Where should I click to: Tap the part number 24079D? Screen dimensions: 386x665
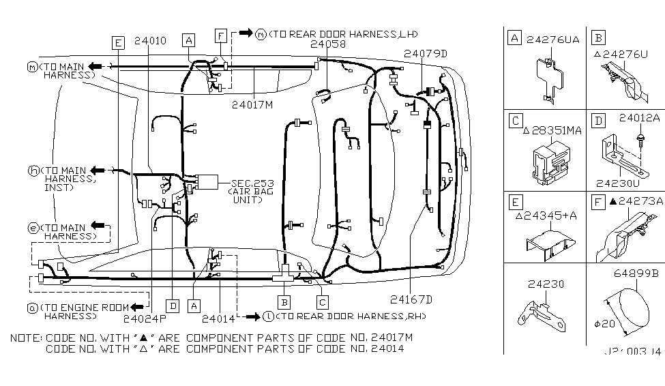click(x=424, y=53)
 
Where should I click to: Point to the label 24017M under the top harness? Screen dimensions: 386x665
click(x=252, y=104)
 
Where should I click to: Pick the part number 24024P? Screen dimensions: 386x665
click(x=145, y=316)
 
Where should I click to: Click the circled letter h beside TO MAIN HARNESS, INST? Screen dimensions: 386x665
click(x=31, y=170)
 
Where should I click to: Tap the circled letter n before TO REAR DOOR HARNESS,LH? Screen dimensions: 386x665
click(x=261, y=33)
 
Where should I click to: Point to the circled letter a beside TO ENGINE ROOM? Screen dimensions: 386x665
click(x=32, y=308)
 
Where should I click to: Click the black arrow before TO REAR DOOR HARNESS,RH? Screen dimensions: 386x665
click(x=253, y=316)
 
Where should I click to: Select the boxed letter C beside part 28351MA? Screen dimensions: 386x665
click(x=515, y=121)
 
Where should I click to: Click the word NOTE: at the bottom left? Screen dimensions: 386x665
click(x=27, y=338)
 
